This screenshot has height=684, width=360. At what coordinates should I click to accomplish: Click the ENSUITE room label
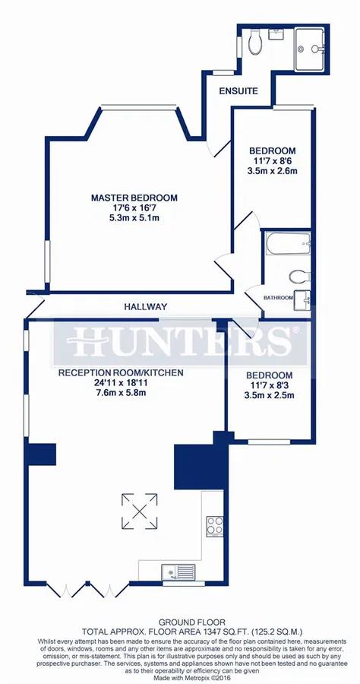pyautogui.click(x=238, y=90)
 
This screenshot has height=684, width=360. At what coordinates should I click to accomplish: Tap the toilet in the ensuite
pyautogui.click(x=257, y=43)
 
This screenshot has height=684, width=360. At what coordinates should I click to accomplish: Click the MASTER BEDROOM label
pyautogui.click(x=134, y=198)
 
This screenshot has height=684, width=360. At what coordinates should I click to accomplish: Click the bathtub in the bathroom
pyautogui.click(x=286, y=245)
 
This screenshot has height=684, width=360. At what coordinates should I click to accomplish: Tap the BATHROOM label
pyautogui.click(x=279, y=298)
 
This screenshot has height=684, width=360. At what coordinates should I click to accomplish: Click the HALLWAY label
pyautogui.click(x=147, y=307)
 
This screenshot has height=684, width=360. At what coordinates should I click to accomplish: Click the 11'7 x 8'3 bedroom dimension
pyautogui.click(x=270, y=386)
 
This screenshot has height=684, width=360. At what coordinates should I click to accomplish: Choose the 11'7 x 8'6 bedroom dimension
pyautogui.click(x=273, y=160)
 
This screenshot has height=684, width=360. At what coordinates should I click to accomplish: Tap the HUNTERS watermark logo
pyautogui.click(x=179, y=340)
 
